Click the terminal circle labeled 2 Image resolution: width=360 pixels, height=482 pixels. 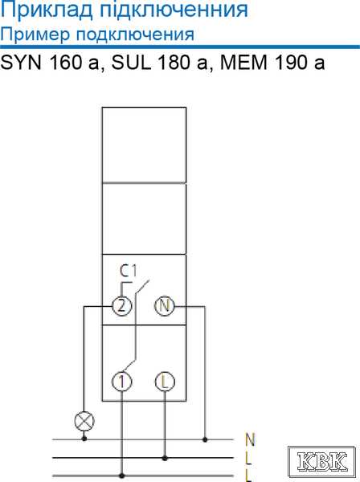(122, 306)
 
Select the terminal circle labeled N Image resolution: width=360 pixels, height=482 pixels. (164, 306)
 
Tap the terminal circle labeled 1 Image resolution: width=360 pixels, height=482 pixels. (122, 382)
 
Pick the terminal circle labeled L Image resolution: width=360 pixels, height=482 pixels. (165, 382)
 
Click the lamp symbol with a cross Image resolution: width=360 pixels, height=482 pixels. (84, 421)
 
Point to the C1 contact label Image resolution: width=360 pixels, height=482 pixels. (128, 271)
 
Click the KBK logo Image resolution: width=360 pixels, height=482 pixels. (321, 461)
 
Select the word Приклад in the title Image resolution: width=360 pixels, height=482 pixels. (47, 10)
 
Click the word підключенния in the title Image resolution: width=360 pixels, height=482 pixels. (174, 10)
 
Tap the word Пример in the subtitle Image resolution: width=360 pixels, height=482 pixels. (35, 35)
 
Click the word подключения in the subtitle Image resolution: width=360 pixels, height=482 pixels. (135, 35)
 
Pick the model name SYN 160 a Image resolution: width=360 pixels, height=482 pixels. (50, 63)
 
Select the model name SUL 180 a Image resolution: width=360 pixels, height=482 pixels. (160, 63)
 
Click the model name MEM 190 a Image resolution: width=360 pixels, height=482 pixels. (272, 63)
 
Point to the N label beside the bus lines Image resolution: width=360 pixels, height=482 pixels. (250, 439)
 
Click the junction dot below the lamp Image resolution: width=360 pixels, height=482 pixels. (84, 439)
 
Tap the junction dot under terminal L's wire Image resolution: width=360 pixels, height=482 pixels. (165, 458)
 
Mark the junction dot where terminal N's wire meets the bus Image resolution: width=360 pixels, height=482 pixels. (205, 439)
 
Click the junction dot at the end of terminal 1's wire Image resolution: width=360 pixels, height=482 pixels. (122, 476)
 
